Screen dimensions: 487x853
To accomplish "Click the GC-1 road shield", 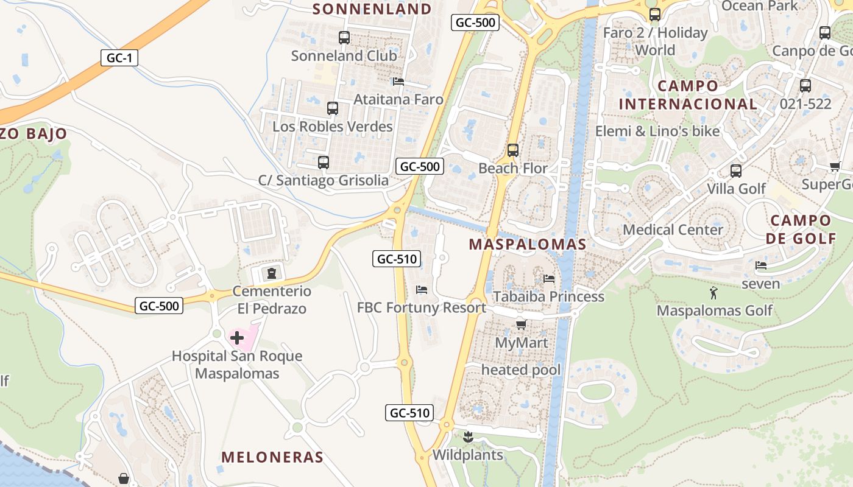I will point(120,58).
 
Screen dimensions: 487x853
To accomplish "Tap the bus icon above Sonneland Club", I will point(344,38).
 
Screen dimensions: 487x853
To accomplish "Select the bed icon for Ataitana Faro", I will point(398,81).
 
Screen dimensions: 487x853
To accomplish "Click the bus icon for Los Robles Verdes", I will point(333,108).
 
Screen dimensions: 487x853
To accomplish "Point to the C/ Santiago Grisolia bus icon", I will point(324,163).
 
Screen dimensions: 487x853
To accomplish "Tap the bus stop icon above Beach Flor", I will point(513,150).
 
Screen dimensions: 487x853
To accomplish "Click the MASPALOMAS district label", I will point(527,245).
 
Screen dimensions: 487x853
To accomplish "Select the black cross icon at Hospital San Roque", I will point(237,338).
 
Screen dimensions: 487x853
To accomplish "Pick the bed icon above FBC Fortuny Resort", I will point(421,290).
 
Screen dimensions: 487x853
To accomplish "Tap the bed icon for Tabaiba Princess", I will point(549,279).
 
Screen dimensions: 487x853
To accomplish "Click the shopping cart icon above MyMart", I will point(521,324).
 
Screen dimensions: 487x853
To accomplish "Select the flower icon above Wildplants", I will point(468,436).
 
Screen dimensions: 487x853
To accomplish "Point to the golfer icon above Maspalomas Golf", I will point(714,293).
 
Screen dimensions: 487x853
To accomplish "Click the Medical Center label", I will point(673,229).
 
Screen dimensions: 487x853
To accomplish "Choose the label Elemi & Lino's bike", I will point(657,131).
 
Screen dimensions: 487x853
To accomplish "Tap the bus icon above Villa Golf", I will point(736,170).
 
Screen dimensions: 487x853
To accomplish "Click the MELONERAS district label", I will point(272,457).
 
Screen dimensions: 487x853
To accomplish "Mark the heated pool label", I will point(521,370).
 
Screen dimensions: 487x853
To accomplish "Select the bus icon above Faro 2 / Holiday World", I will point(655,15).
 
